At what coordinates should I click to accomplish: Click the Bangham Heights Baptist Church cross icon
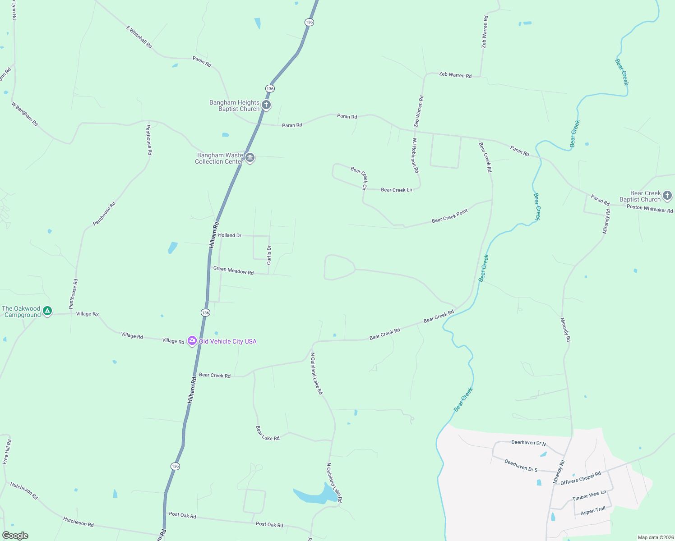(266, 105)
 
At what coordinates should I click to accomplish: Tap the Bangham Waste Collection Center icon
(250, 158)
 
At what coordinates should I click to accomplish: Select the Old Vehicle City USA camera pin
(192, 341)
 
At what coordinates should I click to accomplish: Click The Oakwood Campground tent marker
(47, 311)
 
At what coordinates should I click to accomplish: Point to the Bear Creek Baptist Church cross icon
(667, 196)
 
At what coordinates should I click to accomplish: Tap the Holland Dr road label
(230, 235)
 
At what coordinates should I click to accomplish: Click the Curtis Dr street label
(269, 255)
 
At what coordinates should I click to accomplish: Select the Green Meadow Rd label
(233, 270)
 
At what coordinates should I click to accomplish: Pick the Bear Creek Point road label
(449, 216)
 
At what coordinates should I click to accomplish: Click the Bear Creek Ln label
(396, 190)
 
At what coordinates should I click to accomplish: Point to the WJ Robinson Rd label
(415, 156)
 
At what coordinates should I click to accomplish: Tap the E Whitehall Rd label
(139, 37)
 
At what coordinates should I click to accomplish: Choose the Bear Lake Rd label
(268, 433)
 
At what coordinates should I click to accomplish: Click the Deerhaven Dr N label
(528, 443)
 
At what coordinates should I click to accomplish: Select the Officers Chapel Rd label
(581, 478)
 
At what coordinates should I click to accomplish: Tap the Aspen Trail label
(593, 511)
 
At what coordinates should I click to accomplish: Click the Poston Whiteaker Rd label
(649, 208)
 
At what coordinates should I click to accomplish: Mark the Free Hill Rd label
(7, 452)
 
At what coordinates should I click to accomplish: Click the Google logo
(15, 536)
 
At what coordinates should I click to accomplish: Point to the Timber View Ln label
(589, 495)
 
